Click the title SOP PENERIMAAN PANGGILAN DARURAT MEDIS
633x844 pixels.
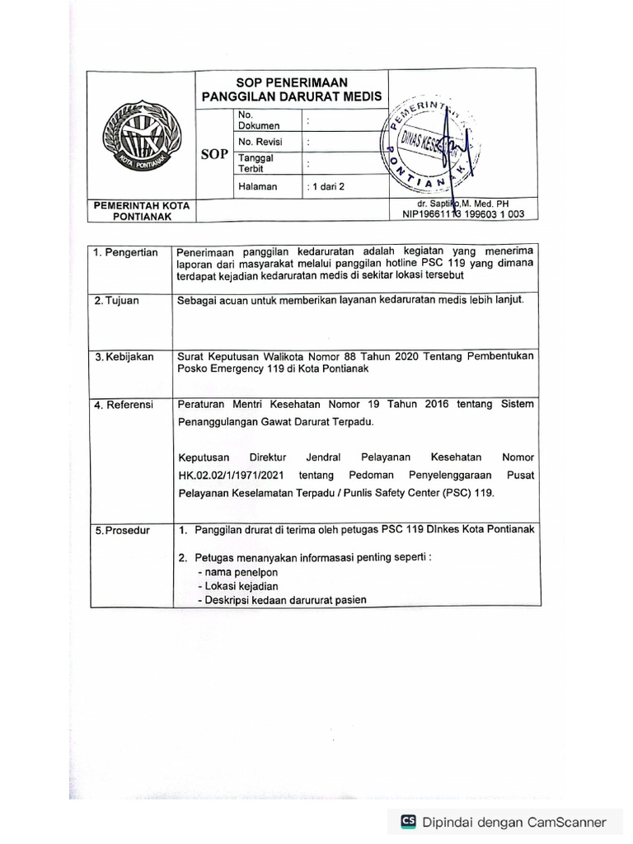click(x=292, y=89)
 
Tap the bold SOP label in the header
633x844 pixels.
click(x=213, y=154)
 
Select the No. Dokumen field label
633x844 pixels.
click(x=258, y=120)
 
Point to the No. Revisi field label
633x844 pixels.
click(x=260, y=142)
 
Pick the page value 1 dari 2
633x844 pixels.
click(x=326, y=186)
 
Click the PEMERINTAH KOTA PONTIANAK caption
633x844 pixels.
click(x=141, y=210)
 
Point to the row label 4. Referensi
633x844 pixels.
click(x=123, y=405)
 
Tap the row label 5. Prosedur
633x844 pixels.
click(x=121, y=530)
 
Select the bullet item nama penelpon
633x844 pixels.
click(x=238, y=572)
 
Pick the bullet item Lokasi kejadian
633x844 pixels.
click(x=240, y=586)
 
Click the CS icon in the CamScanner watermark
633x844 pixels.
click(x=408, y=821)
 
